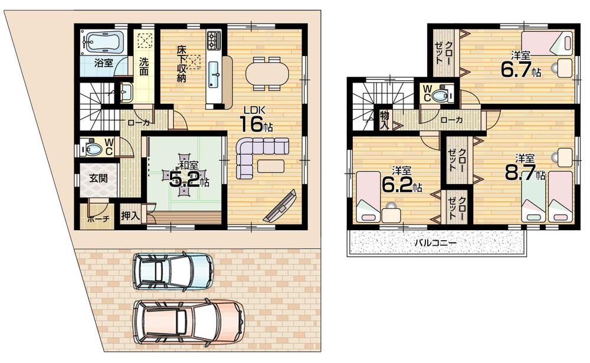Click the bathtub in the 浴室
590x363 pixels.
pyautogui.click(x=103, y=42)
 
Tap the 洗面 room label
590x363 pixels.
pyautogui.click(x=144, y=65)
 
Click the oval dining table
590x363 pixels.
pyautogui.click(x=267, y=74)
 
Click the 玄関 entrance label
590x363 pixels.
pyautogui.click(x=98, y=178)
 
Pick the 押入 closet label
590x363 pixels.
pyautogui.click(x=130, y=215)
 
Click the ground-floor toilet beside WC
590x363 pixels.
pyautogui.click(x=93, y=148)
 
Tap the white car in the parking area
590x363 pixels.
pyautogui.click(x=172, y=272)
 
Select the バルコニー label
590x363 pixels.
pyautogui.click(x=435, y=243)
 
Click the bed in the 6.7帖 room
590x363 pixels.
pyautogui.click(x=548, y=43)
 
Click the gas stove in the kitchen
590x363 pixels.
pyautogui.click(x=214, y=40)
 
